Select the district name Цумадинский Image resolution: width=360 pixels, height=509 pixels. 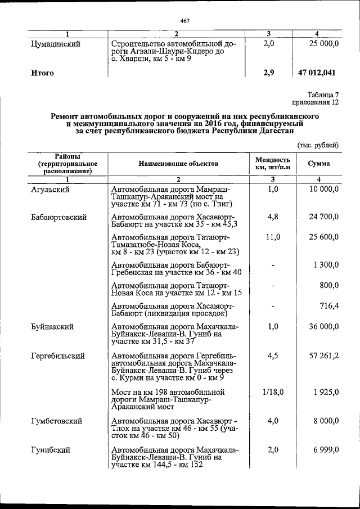[56, 43]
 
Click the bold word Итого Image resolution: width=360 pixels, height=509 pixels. [43, 73]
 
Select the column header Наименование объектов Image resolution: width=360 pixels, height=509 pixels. [178, 164]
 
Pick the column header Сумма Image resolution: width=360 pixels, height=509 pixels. [318, 164]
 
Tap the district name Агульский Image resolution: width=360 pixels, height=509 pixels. [51, 190]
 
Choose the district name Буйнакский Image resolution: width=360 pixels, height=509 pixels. [53, 327]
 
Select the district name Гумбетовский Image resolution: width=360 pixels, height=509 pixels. [57, 421]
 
